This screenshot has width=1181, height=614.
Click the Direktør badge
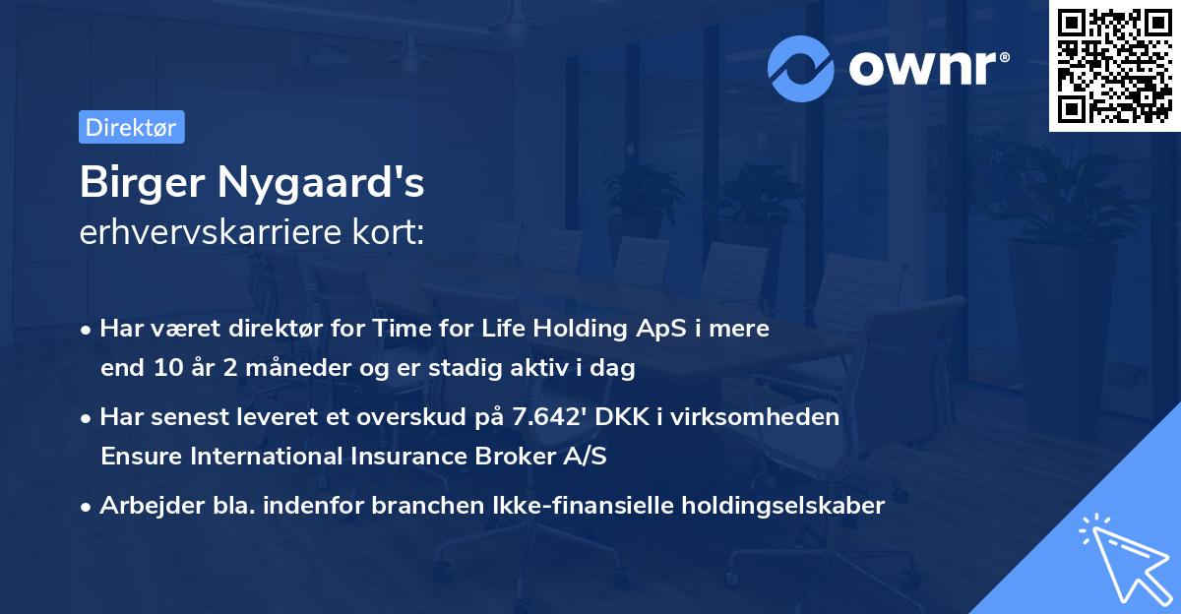(x=131, y=127)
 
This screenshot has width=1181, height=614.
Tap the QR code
(x=1114, y=65)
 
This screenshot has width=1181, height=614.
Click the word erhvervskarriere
(x=203, y=233)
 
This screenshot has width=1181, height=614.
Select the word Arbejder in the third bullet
(x=144, y=506)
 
